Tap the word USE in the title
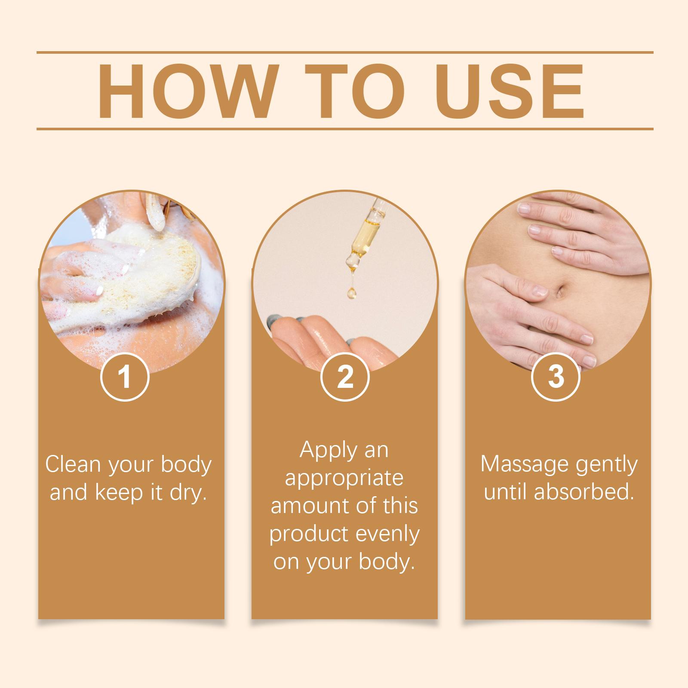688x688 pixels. tap(512, 91)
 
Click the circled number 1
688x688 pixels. tap(125, 377)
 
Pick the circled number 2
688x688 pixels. tap(345, 377)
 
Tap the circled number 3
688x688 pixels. tap(556, 377)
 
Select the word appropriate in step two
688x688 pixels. tap(344, 479)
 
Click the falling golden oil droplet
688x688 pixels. tap(352, 293)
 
